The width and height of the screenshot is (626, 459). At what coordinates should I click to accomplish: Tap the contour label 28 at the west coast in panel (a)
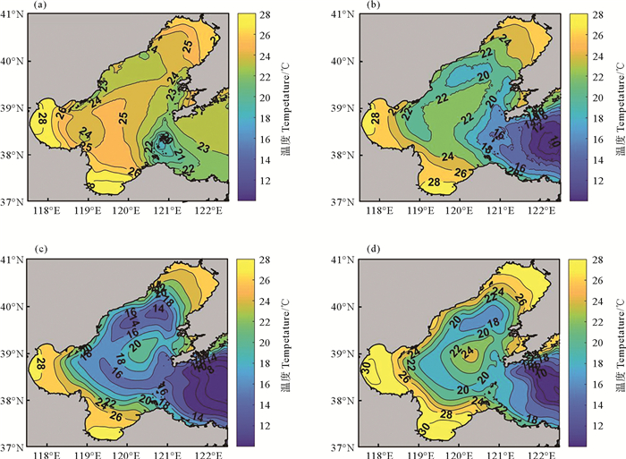pos(42,119)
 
